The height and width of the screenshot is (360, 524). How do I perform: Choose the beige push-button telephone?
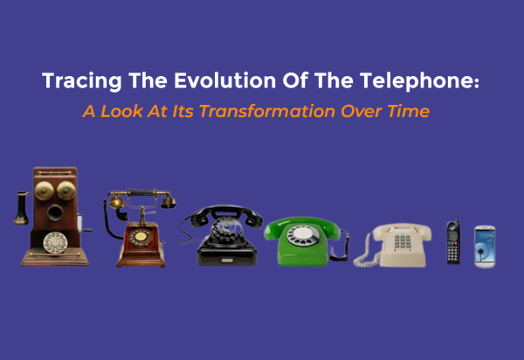click(396, 244)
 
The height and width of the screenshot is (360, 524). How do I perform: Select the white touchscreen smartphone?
click(484, 246)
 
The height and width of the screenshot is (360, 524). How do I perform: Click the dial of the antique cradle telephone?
click(137, 237)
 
